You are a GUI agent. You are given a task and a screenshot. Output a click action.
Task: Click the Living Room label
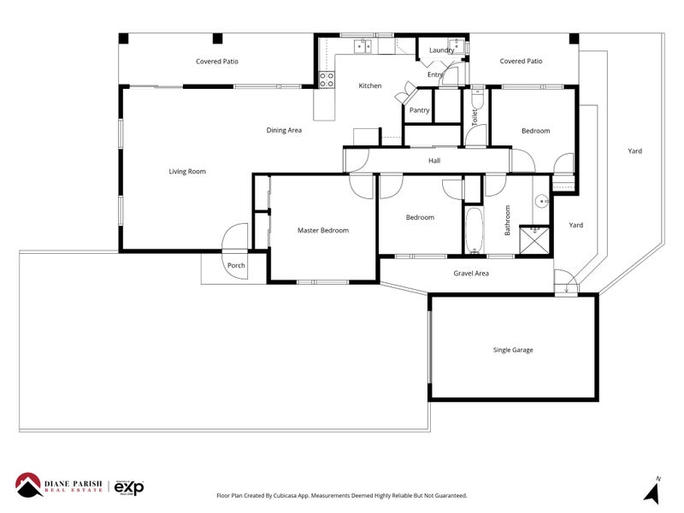[x=187, y=172]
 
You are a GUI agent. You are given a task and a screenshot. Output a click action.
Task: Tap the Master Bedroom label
[x=322, y=230]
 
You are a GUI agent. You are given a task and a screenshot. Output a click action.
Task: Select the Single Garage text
[x=513, y=350]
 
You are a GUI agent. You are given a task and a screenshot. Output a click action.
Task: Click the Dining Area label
[x=284, y=131]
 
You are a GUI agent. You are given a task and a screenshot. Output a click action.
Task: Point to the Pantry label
[x=419, y=110]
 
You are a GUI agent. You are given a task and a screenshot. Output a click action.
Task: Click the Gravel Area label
[x=470, y=274]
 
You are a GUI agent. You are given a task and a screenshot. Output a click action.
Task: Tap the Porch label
[x=236, y=266]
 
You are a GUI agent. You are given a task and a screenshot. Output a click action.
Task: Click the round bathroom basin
[x=540, y=202]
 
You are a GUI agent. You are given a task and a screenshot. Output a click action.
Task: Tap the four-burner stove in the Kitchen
[x=326, y=80]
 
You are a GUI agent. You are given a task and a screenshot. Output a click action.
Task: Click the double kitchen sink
[x=367, y=45]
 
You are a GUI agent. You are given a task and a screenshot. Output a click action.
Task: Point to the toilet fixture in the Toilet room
[x=477, y=103]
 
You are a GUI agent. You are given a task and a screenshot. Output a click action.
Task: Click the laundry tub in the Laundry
[x=457, y=45]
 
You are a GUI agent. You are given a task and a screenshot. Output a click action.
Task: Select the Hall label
[x=434, y=160]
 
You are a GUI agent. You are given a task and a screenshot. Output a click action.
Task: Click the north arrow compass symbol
[x=655, y=491]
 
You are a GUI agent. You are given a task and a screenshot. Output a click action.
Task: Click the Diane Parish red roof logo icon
[x=31, y=485]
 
